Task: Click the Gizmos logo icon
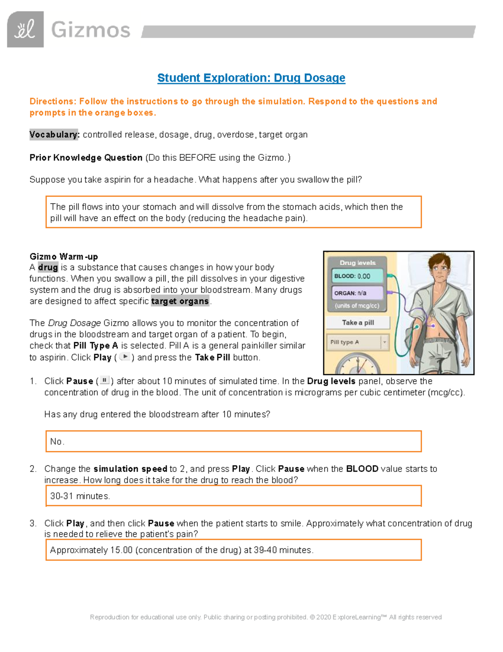pos(25,29)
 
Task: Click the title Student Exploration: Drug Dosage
pos(251,78)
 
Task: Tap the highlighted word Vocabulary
pos(54,135)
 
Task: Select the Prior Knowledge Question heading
pos(86,158)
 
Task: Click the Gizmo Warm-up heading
pos(64,257)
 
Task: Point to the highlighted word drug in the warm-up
pos(48,267)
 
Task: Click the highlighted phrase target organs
pos(180,301)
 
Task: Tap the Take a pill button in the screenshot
pos(358,322)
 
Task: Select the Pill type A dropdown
pos(358,342)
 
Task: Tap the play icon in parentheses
pos(124,357)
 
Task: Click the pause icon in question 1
pos(105,380)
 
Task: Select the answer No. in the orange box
pos(57,442)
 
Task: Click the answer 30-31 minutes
pos(80,496)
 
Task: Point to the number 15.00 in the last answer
pos(121,550)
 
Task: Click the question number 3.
pos(33,524)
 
